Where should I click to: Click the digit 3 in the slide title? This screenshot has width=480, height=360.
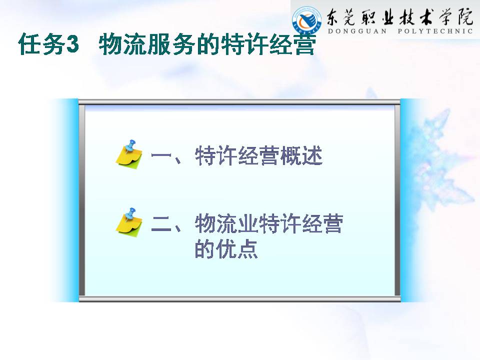click(x=72, y=44)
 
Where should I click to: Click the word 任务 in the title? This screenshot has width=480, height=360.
click(x=41, y=44)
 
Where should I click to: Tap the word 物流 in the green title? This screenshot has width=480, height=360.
click(x=123, y=44)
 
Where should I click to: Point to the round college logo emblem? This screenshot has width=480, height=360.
click(x=306, y=19)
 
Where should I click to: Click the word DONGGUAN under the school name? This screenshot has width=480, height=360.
click(x=357, y=31)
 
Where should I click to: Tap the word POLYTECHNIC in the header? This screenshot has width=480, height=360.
click(x=435, y=31)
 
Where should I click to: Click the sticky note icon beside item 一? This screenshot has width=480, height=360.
click(x=129, y=154)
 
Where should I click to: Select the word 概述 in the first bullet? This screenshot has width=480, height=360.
click(x=301, y=155)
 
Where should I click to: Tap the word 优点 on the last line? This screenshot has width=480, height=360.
click(x=237, y=248)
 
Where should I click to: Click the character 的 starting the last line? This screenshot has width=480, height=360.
click(x=205, y=248)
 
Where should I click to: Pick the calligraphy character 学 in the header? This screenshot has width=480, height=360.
click(x=445, y=17)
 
